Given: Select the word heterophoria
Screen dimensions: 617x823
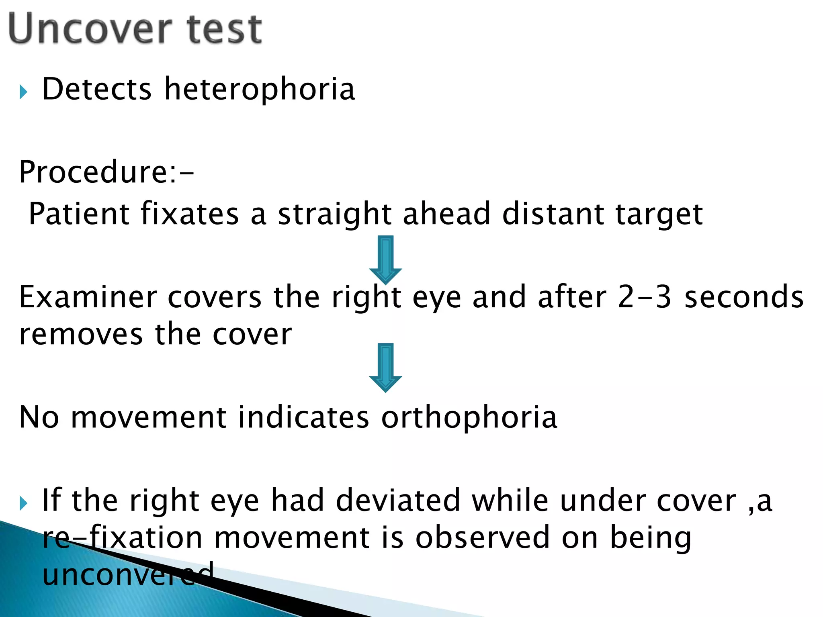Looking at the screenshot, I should tap(260, 89).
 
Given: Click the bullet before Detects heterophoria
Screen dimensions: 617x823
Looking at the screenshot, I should tap(23, 92).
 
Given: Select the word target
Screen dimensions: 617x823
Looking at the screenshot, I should tap(659, 215).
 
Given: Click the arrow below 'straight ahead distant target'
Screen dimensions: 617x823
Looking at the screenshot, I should tap(385, 259).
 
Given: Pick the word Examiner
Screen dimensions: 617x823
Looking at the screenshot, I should tap(88, 297).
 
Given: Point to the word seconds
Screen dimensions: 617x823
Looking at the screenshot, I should tap(744, 297).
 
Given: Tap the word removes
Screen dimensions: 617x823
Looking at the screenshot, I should tap(81, 335).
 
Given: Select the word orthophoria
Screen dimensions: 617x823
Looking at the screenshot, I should tap(469, 418).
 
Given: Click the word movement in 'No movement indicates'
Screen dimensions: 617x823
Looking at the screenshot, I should tap(148, 418).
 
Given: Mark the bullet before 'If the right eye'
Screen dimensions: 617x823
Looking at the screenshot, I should tap(23, 503).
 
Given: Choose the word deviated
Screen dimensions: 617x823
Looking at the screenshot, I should tap(398, 501).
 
